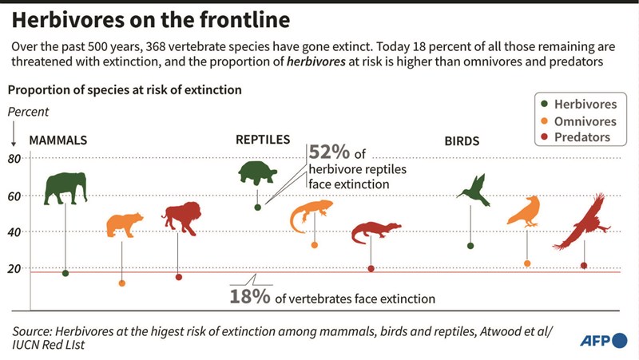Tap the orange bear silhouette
pos(124,224)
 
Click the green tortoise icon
pos(257,172)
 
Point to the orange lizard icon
pos(311,215)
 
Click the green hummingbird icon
pos(473,188)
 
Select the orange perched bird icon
pos(526,211)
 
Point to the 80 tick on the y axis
pos(14,158)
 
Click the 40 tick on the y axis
pos(14,231)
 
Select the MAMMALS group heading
pos(58,140)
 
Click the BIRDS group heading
pos(462,141)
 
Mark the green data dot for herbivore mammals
pos(65,273)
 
